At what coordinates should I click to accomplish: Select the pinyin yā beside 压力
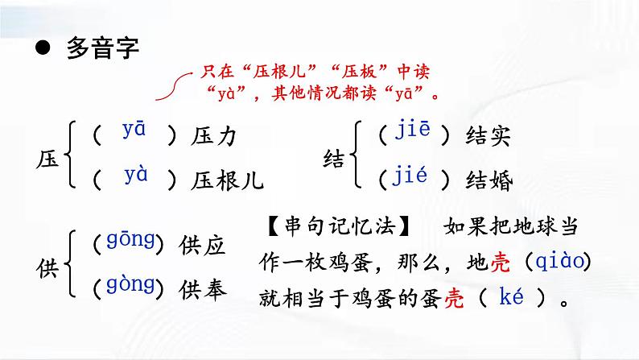[134, 130]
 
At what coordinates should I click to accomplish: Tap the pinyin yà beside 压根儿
[136, 173]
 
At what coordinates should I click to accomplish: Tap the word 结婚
[489, 180]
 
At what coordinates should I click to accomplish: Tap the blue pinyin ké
[512, 298]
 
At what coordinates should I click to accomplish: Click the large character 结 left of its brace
[334, 158]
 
